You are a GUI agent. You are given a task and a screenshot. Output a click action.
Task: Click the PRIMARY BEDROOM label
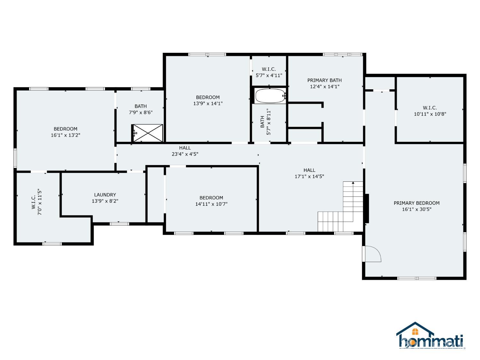(x=416, y=203)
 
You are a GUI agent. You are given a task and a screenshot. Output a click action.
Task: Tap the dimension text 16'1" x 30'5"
(x=417, y=209)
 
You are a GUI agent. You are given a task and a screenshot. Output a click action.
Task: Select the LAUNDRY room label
(x=105, y=195)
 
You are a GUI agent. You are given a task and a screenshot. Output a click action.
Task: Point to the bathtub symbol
(x=270, y=96)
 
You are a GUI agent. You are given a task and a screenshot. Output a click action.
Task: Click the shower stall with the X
(x=148, y=133)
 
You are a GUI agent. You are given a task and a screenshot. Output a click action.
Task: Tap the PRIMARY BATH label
(x=324, y=80)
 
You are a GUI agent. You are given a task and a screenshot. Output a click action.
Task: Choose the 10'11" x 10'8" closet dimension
(x=430, y=114)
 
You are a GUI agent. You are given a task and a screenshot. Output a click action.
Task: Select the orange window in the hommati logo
(x=415, y=332)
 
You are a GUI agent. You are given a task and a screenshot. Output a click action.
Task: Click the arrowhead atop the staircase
(x=353, y=183)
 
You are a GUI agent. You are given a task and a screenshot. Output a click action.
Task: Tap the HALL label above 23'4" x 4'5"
(x=185, y=148)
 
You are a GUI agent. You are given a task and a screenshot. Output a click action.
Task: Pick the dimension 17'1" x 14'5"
(x=309, y=176)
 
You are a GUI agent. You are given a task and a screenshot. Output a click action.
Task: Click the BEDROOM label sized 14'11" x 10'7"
(x=211, y=197)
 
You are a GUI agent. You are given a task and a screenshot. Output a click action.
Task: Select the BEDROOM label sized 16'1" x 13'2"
(x=65, y=129)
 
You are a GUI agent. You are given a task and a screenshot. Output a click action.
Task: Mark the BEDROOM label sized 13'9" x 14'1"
(x=208, y=97)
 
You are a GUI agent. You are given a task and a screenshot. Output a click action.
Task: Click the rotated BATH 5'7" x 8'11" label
(x=265, y=122)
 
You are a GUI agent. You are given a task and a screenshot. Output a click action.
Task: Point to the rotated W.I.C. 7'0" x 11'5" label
(x=36, y=202)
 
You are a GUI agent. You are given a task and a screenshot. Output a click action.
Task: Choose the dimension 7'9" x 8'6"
(x=140, y=112)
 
